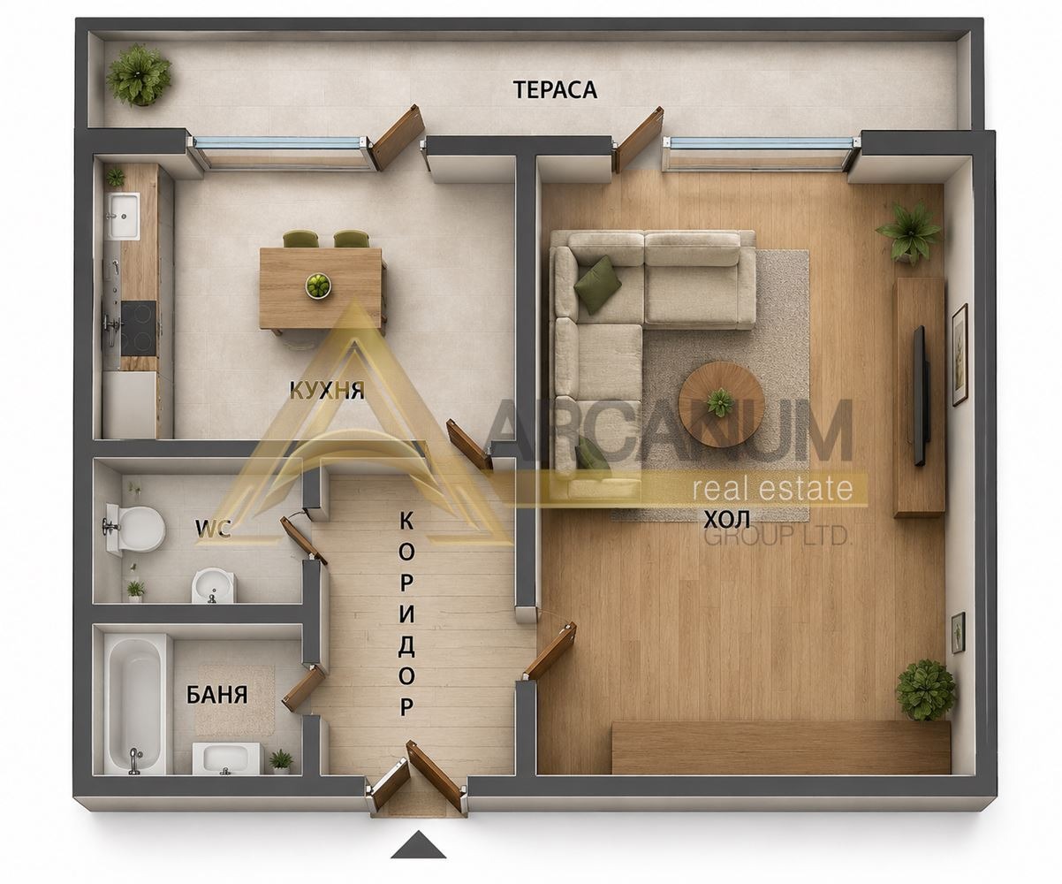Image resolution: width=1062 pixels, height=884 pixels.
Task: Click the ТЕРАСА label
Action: pos(555,89)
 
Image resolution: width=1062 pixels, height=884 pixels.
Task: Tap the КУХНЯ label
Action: pos(327,391)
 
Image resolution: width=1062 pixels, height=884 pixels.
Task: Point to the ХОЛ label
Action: pos(727,520)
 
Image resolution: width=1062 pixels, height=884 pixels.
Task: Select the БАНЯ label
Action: pos(216,695)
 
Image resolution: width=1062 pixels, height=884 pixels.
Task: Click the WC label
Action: pos(213,529)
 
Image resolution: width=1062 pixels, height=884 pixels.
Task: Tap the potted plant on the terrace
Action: pos(139,75)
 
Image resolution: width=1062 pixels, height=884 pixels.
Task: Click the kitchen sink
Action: pos(123,216)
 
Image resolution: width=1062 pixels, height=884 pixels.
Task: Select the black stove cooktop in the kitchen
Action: pos(139,329)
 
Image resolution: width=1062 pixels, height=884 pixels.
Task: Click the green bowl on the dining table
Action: pos(318,285)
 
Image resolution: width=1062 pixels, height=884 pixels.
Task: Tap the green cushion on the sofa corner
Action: pos(597,284)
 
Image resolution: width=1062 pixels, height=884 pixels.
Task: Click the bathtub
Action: pos(135,705)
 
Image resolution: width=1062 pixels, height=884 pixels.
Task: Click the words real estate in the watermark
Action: pos(772,488)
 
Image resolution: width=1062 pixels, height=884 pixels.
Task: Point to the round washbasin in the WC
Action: pos(213,586)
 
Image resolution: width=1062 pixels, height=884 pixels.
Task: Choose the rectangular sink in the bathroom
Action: pos(226,758)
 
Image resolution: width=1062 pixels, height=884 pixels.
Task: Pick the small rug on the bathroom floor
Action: pos(235,698)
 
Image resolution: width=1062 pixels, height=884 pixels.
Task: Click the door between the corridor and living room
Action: pos(550,650)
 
